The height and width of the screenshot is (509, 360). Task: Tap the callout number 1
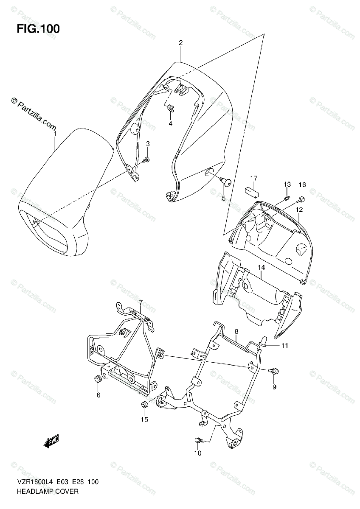pos(55,133)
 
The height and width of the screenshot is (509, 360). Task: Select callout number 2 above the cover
pos(180,42)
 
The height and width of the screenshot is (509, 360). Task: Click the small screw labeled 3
pos(146,159)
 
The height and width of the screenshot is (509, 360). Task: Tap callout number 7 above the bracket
pos(141,302)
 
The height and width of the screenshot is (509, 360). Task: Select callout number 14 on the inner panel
pos(261,267)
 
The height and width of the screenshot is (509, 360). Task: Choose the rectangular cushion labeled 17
pos(253,191)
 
